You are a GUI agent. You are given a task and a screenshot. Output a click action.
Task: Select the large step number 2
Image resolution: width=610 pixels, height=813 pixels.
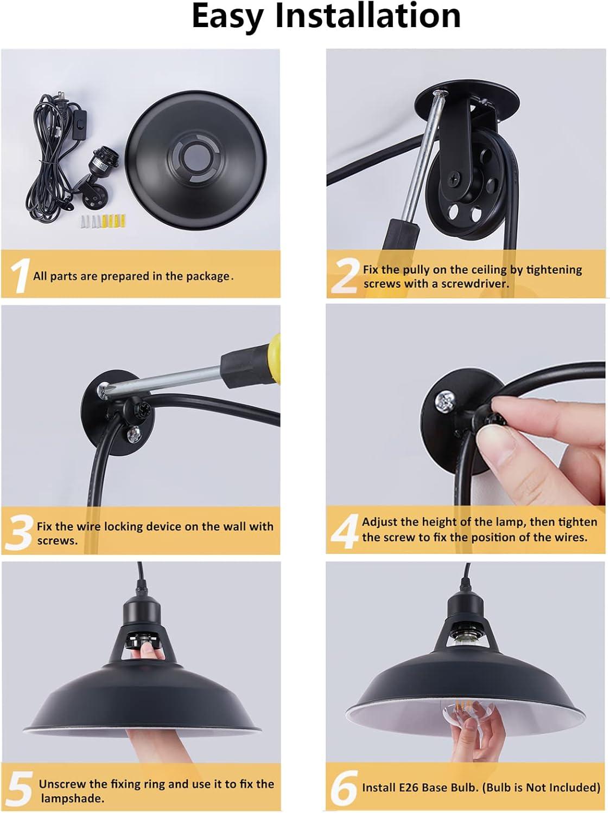[344, 276]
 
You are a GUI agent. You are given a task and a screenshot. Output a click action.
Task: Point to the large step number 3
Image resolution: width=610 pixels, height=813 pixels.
[19, 533]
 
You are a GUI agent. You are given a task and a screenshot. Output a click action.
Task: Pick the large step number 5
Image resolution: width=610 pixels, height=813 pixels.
[18, 789]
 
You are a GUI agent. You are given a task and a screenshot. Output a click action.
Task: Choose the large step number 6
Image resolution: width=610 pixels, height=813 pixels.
[344, 788]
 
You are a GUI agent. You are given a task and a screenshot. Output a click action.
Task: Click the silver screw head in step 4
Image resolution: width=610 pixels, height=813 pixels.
[444, 401]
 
